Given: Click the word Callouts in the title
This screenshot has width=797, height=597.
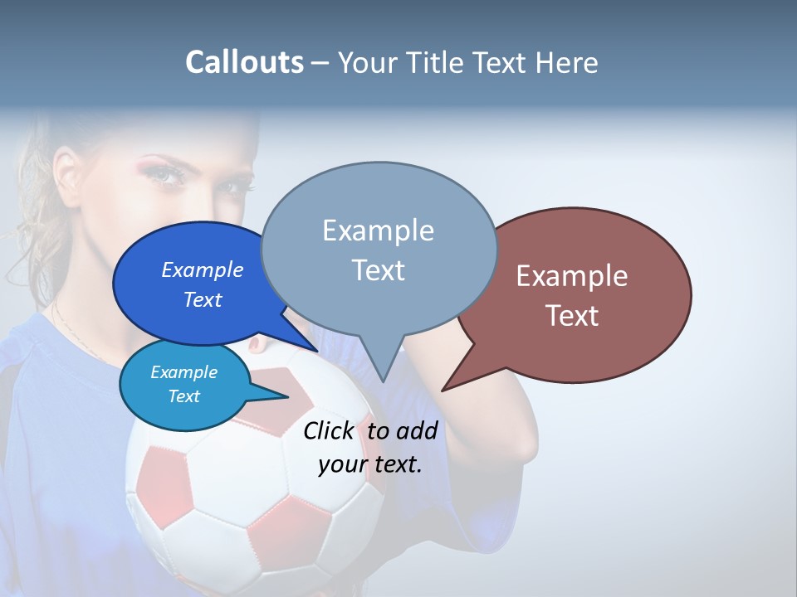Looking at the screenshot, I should [244, 62].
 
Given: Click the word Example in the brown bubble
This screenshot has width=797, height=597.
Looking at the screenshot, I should [571, 276].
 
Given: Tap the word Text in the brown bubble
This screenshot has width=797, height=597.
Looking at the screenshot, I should [571, 315].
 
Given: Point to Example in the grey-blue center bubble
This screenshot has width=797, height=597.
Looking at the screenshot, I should [378, 231].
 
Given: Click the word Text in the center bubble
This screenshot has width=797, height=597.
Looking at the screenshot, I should [378, 269].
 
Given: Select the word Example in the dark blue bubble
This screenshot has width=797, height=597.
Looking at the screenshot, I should [202, 269].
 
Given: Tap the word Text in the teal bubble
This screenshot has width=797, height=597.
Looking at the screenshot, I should [183, 396].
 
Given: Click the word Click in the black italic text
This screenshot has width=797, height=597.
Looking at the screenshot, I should [328, 430].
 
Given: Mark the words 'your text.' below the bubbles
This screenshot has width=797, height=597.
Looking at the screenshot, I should [369, 464].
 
